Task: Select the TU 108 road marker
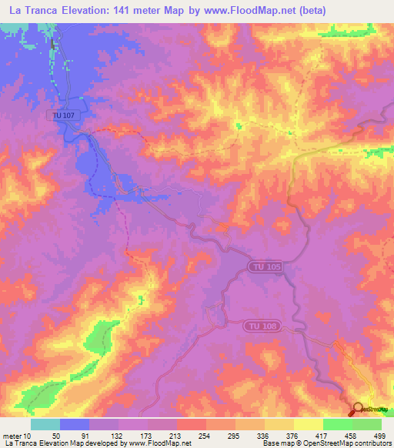[260, 326]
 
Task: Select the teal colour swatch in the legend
[45, 424]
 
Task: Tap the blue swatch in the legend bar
[75, 424]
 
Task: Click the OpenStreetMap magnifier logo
[359, 409]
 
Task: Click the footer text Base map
[278, 443]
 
